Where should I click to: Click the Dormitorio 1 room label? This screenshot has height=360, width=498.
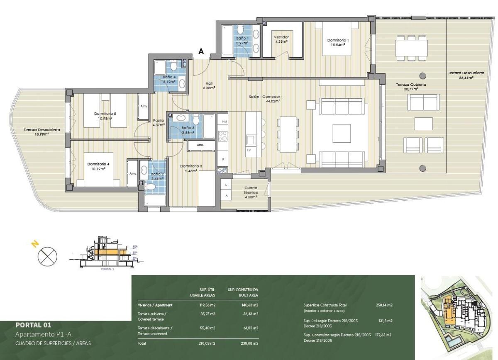pos(338,42)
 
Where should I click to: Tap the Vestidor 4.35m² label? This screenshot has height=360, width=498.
pos(281,39)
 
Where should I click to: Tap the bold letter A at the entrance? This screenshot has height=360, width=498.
pos(201,51)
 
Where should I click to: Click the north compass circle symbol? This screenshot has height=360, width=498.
pos(47,256)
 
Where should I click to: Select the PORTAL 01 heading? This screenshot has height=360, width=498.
pos(33,325)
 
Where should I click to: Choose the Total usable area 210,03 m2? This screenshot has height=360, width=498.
pos(207,343)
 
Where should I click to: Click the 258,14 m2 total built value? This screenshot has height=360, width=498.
pos(384,305)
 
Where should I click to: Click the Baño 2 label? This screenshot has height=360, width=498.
pos(157,176)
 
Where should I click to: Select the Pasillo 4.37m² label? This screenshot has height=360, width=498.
pos(159,122)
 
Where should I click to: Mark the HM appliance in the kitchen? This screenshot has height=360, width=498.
pos(225,122)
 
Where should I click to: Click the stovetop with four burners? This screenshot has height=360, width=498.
pos(223,136)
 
